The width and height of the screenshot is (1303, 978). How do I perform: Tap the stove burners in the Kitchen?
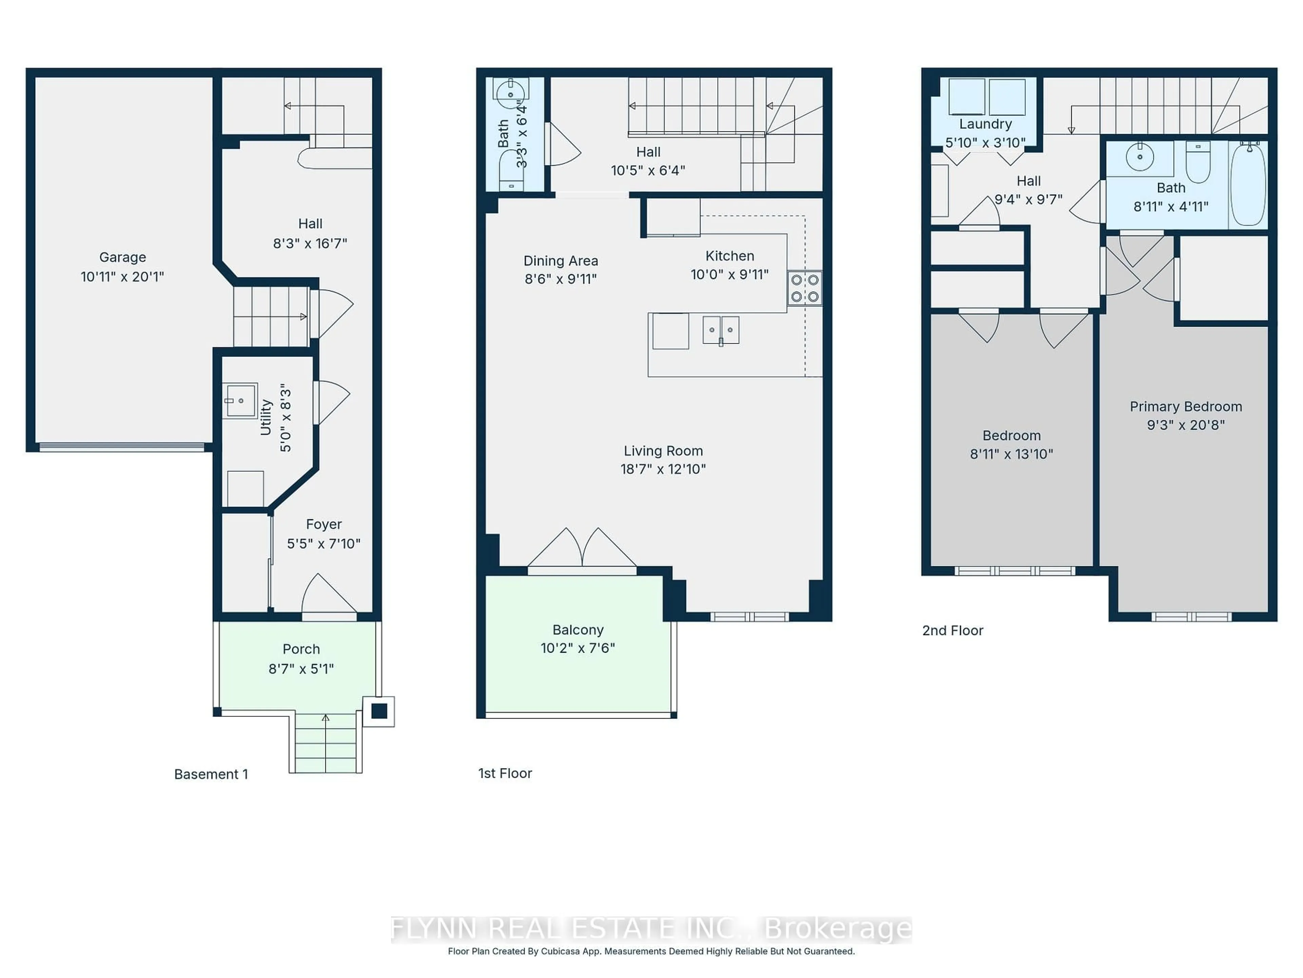805,288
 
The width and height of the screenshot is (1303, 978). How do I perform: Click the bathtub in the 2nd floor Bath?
1248,184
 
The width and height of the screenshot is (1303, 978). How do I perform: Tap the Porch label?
301,649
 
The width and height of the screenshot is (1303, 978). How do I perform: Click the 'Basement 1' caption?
211,774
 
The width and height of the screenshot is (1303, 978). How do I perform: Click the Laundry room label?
985,124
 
